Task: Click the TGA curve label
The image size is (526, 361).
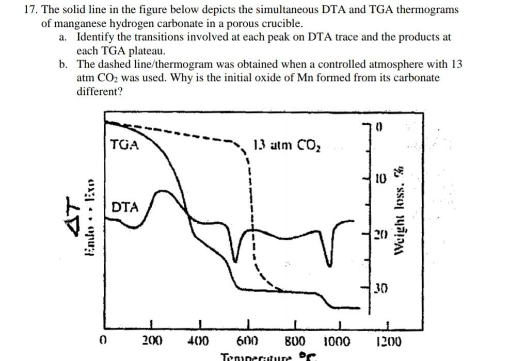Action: point(124,145)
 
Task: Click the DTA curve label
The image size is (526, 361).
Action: point(125,207)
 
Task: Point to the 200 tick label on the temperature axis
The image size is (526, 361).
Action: point(152,341)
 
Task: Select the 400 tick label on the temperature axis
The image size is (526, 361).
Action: point(198,341)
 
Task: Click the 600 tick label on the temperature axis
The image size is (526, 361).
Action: point(247,341)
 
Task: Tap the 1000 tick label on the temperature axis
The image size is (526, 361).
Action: point(337,341)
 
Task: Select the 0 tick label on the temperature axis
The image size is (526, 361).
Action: point(103,341)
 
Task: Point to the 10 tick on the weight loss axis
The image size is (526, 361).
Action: point(380,179)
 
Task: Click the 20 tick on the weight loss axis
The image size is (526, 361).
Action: point(380,236)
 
